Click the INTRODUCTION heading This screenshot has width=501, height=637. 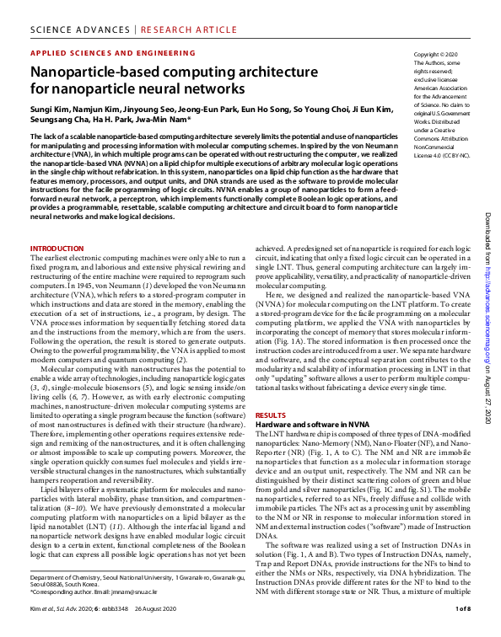(x=57, y=248)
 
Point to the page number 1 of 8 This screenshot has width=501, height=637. (x=462, y=608)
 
